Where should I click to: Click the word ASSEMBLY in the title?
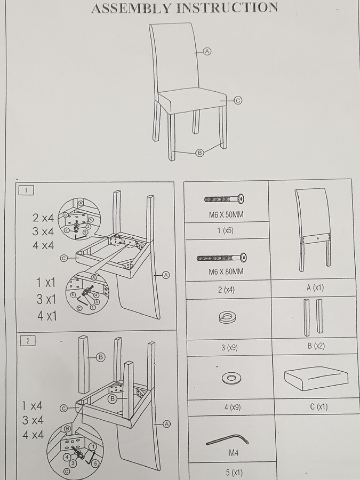coord(131,8)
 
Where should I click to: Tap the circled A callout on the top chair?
coord(207,51)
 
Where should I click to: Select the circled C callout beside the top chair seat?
coord(238,100)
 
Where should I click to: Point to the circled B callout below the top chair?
coord(199,153)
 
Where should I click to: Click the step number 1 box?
coord(26,190)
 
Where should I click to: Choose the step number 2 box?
coord(28,341)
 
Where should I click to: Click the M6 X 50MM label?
coord(226,214)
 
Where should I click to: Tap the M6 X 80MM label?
coord(226,271)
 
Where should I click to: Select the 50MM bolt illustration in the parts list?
coord(225,199)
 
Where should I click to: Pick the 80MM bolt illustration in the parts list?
coord(222,258)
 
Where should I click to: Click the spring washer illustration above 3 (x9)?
coord(227,317)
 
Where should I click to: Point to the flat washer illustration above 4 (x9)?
coord(231,378)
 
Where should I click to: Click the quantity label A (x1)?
coord(315,287)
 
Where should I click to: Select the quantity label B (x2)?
coord(316,346)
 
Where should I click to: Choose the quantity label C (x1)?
coord(319,406)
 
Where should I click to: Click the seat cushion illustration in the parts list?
coord(316,379)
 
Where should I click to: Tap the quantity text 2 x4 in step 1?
coord(43,218)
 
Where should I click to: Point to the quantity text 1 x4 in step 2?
coord(32,406)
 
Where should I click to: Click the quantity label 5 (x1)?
coord(234,473)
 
